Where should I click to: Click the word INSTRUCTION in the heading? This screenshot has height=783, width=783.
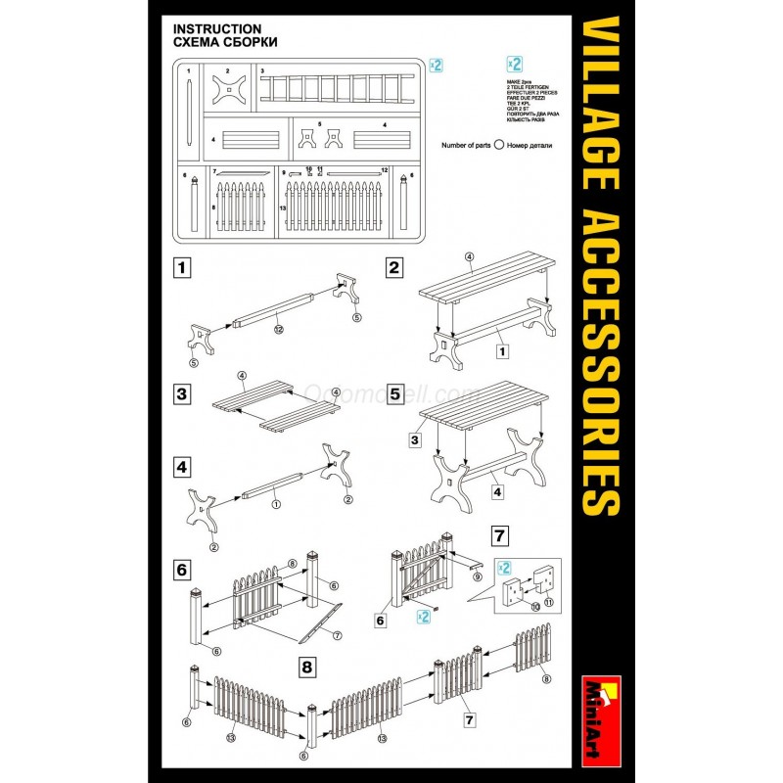216,29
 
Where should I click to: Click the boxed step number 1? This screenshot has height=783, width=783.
181,266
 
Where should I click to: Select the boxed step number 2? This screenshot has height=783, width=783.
395,266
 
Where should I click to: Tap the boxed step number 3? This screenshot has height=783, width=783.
181,394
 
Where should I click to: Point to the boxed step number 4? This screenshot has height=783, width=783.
181,466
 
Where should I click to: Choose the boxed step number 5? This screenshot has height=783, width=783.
395,394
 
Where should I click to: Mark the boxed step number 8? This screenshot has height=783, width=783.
307,668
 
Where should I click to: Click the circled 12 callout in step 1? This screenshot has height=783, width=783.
279,328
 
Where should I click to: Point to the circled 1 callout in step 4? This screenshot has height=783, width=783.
277,505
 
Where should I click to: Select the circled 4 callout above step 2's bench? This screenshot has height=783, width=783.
470,257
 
